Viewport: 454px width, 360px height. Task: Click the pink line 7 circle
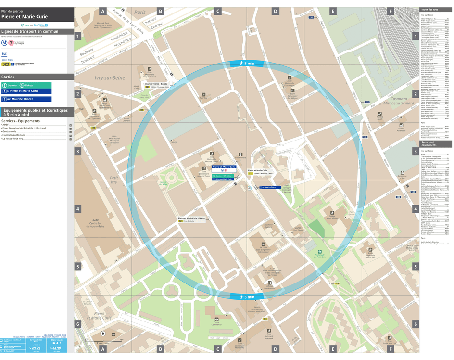click(11, 43)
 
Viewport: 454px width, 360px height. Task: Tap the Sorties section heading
click(8, 77)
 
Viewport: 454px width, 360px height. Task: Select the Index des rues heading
click(429, 10)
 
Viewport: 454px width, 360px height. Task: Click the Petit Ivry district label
click(114, 180)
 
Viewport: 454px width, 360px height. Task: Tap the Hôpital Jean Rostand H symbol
click(270, 283)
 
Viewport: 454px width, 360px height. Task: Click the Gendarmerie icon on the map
click(241, 155)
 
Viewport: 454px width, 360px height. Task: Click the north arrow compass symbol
click(102, 334)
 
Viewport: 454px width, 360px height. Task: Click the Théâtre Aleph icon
click(380, 114)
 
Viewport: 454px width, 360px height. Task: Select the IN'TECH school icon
click(263, 244)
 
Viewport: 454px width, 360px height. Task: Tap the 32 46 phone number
click(56, 347)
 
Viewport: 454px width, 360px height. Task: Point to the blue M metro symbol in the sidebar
click(4, 43)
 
